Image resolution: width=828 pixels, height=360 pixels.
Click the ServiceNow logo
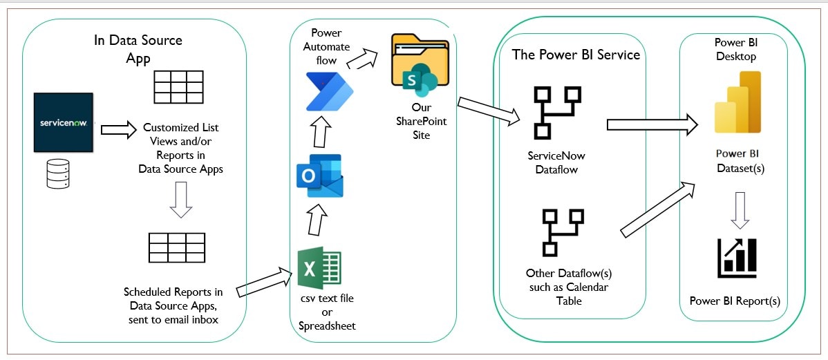64,122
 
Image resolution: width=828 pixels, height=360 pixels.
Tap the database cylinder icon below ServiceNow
57,173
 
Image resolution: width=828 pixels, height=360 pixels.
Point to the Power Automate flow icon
329,91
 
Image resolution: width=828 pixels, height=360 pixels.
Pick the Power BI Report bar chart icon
737,258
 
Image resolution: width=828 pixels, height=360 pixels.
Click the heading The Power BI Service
575,55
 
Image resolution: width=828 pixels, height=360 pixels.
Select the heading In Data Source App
138,48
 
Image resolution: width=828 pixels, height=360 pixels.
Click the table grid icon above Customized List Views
178,86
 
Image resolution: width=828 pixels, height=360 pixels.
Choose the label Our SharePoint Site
420,121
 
